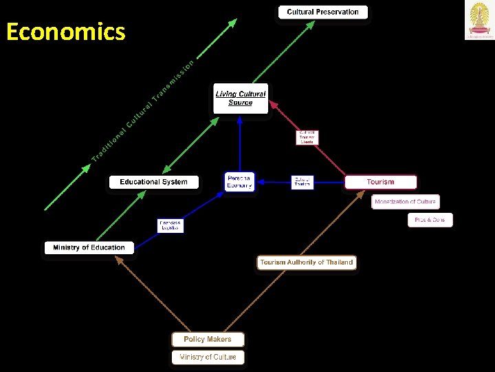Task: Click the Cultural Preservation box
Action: point(322,12)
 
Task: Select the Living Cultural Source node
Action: point(240,99)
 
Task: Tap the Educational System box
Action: point(154,182)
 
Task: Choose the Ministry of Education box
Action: point(89,247)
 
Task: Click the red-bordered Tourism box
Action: point(380,182)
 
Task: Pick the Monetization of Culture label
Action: point(406,202)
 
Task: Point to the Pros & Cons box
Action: point(430,220)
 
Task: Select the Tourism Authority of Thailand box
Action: point(306,262)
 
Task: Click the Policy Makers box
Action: point(207,339)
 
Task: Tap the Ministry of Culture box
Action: point(208,357)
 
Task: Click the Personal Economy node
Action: point(239,181)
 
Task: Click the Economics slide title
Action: point(65,32)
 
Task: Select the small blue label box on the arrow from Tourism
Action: point(302,182)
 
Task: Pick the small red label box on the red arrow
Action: point(307,137)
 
